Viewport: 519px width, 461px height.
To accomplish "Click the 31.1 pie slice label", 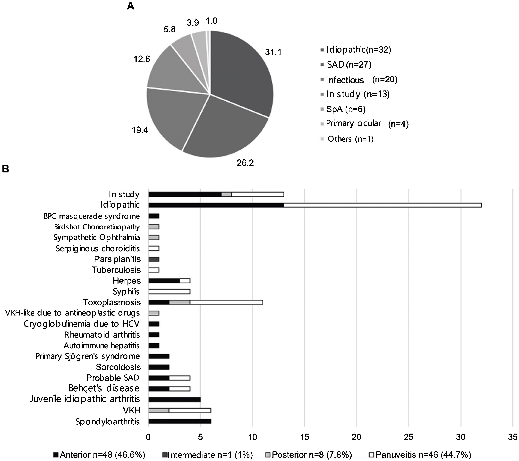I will [x=273, y=52].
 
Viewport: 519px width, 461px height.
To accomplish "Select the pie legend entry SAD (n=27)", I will [x=349, y=65].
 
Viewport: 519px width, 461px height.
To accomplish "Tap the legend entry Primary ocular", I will [x=353, y=124].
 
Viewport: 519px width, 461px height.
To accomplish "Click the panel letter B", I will [x=5, y=169].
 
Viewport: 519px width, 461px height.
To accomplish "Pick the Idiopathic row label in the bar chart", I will [x=120, y=205].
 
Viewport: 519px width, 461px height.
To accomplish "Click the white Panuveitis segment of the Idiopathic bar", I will [x=382, y=205].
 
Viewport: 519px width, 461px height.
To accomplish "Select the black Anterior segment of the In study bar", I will [x=185, y=194].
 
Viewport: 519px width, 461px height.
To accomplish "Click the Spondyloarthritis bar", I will [x=179, y=421].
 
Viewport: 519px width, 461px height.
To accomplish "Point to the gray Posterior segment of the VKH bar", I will [x=159, y=411].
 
